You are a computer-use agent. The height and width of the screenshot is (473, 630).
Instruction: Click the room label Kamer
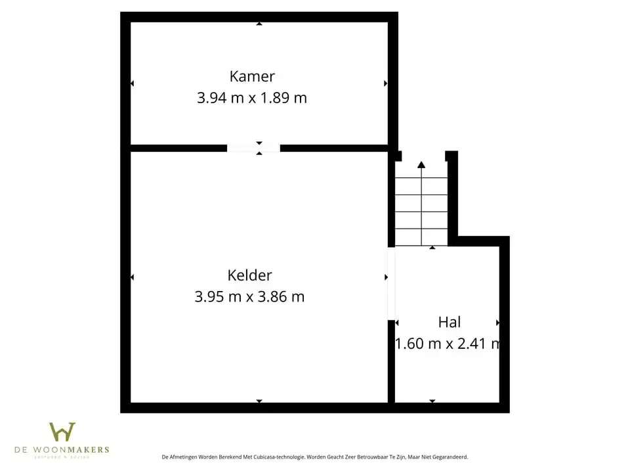click(252, 76)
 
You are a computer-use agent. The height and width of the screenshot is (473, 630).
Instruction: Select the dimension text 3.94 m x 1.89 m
click(252, 99)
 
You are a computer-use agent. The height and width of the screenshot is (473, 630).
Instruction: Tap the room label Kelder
click(249, 275)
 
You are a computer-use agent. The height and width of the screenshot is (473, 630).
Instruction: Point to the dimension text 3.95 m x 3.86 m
click(249, 297)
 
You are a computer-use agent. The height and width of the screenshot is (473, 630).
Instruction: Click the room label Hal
click(450, 322)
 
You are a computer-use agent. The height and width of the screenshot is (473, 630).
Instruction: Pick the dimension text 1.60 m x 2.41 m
click(448, 344)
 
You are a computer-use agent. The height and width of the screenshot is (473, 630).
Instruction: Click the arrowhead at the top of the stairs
click(421, 165)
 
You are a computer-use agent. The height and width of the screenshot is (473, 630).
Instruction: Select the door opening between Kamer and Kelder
click(253, 148)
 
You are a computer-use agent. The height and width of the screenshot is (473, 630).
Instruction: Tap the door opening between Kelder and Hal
click(391, 283)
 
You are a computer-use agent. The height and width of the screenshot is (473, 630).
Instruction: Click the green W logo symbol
click(62, 432)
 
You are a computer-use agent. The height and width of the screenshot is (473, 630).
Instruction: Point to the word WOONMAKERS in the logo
click(80, 450)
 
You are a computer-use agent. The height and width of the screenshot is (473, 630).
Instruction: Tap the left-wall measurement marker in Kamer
click(132, 83)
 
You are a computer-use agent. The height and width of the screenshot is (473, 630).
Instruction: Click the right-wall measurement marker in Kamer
click(386, 83)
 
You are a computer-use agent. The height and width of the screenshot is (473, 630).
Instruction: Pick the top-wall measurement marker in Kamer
click(259, 24)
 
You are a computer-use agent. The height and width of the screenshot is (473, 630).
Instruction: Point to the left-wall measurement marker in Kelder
click(132, 277)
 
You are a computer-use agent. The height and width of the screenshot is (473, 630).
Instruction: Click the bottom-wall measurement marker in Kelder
click(259, 401)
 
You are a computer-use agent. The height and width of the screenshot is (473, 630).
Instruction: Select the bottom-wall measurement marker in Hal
click(432, 401)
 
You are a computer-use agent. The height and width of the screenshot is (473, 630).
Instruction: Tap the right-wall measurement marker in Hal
click(498, 323)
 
